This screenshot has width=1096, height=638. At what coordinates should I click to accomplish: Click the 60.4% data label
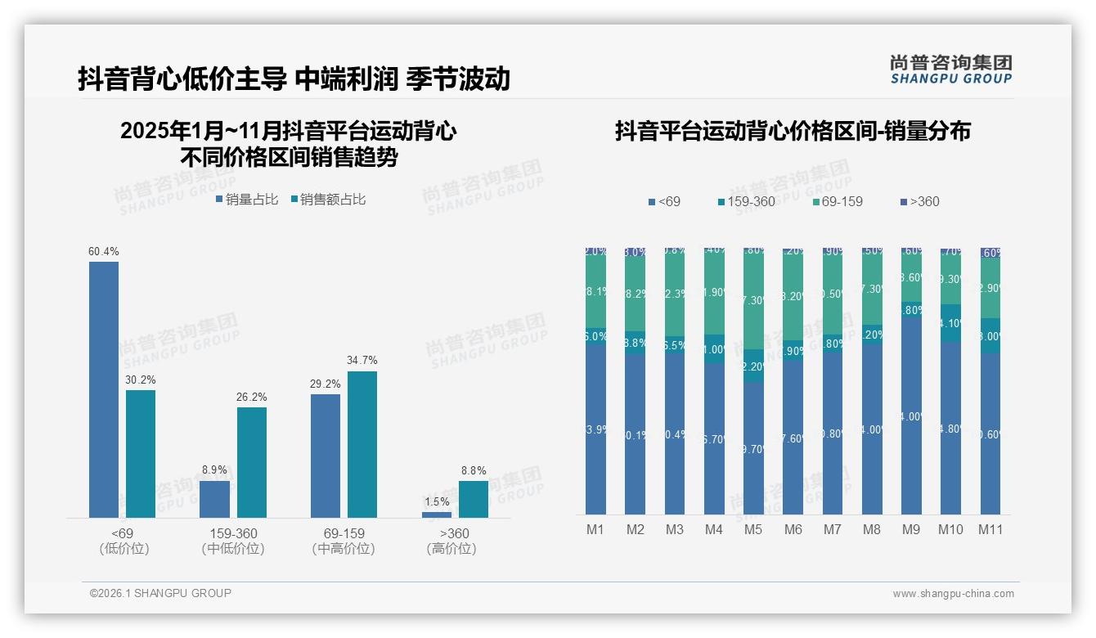pyautogui.click(x=103, y=251)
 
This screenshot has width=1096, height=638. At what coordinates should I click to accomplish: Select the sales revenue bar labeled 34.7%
pyautogui.click(x=362, y=444)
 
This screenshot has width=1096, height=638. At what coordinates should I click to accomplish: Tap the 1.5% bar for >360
pyautogui.click(x=437, y=514)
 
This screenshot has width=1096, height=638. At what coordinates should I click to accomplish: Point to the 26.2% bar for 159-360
pyautogui.click(x=252, y=462)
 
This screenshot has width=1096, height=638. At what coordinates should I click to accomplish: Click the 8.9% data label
pyautogui.click(x=214, y=470)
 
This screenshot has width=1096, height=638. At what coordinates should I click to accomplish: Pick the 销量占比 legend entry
pyautogui.click(x=247, y=200)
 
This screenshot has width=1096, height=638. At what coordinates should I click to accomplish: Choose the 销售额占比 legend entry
pyautogui.click(x=328, y=200)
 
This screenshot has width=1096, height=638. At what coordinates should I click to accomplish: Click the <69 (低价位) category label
pyautogui.click(x=124, y=541)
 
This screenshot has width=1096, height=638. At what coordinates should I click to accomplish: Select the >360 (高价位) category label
pyautogui.click(x=451, y=541)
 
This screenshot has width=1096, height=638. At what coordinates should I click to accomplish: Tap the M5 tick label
pyautogui.click(x=753, y=529)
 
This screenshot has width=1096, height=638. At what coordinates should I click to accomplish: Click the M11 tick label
pyautogui.click(x=990, y=529)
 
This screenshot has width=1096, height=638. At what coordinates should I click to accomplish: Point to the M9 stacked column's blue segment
pyautogui.click(x=911, y=416)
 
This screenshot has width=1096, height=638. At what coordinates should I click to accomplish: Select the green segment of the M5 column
pyautogui.click(x=753, y=299)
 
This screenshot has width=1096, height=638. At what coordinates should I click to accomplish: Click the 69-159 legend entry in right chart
pyautogui.click(x=838, y=201)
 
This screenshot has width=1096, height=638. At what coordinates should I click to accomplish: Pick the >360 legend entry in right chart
pyautogui.click(x=919, y=201)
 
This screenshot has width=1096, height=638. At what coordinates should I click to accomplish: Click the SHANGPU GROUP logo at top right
pyautogui.click(x=950, y=70)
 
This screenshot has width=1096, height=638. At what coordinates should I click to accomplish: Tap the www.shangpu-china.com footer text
pyautogui.click(x=953, y=594)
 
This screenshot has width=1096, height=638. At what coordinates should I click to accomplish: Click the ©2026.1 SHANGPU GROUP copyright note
pyautogui.click(x=160, y=593)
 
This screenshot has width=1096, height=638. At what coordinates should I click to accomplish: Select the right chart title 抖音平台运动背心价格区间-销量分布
pyautogui.click(x=793, y=132)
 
